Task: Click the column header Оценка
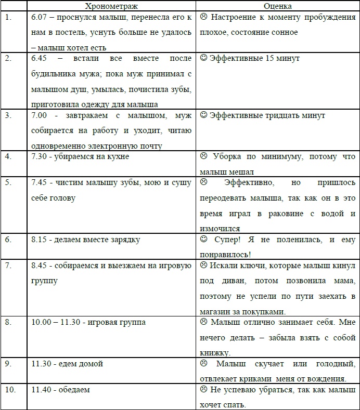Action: pos(278,6)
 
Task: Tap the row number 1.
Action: pos(8,18)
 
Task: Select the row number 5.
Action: pos(8,183)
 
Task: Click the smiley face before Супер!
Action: pos(203,240)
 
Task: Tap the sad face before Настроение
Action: pos(203,18)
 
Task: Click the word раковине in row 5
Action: pos(281,214)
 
